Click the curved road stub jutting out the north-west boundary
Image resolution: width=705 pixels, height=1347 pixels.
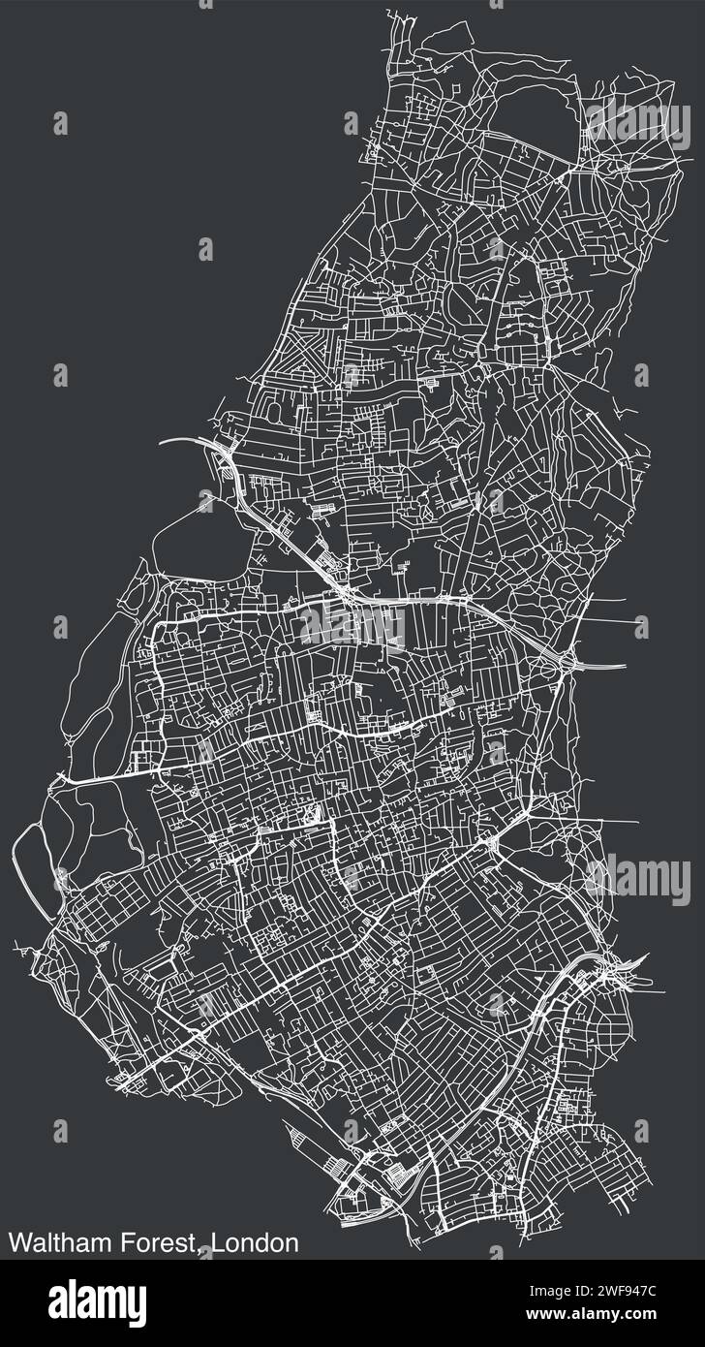coord(184,442)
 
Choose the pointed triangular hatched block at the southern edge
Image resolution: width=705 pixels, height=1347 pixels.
coord(300,1143)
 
